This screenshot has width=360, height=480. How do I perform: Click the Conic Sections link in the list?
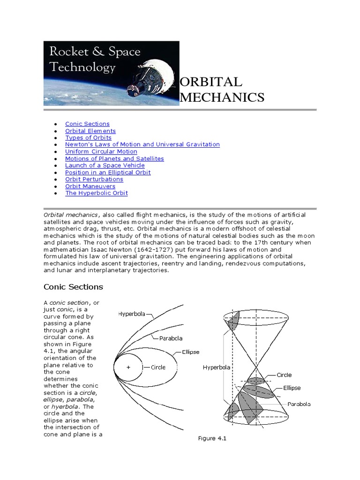(87, 124)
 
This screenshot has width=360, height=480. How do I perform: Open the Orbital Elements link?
(90, 131)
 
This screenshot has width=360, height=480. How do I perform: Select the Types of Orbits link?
(88, 138)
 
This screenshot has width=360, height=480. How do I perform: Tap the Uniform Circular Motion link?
(101, 151)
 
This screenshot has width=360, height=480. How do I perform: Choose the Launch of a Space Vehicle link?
(105, 165)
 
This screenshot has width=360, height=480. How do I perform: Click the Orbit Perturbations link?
(94, 179)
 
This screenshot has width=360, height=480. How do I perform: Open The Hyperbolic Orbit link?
(97, 193)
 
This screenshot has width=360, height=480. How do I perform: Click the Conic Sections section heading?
(73, 287)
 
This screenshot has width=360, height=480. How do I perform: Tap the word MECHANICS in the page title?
(222, 97)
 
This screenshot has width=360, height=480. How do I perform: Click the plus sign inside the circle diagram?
(127, 368)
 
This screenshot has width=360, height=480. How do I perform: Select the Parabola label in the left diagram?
(171, 338)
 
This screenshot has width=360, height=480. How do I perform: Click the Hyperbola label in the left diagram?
(132, 314)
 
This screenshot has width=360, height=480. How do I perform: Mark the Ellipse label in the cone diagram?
(292, 388)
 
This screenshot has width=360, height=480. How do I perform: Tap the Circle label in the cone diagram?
(284, 375)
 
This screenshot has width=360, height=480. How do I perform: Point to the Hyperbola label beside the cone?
(217, 367)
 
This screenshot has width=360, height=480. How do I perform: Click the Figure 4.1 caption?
(212, 439)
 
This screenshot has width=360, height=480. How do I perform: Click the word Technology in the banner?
(82, 67)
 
